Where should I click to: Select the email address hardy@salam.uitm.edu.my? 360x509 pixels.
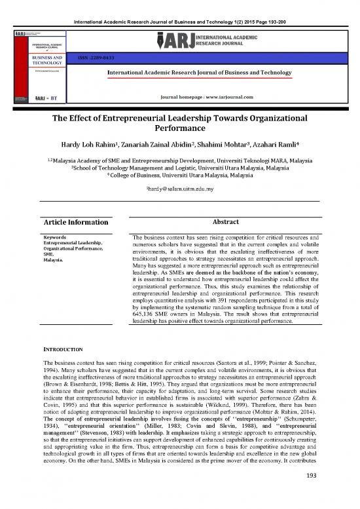pyautogui.click(x=179, y=187)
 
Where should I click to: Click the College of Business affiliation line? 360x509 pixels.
pyautogui.click(x=179, y=175)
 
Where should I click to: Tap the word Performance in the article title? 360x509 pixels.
pyautogui.click(x=179, y=132)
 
